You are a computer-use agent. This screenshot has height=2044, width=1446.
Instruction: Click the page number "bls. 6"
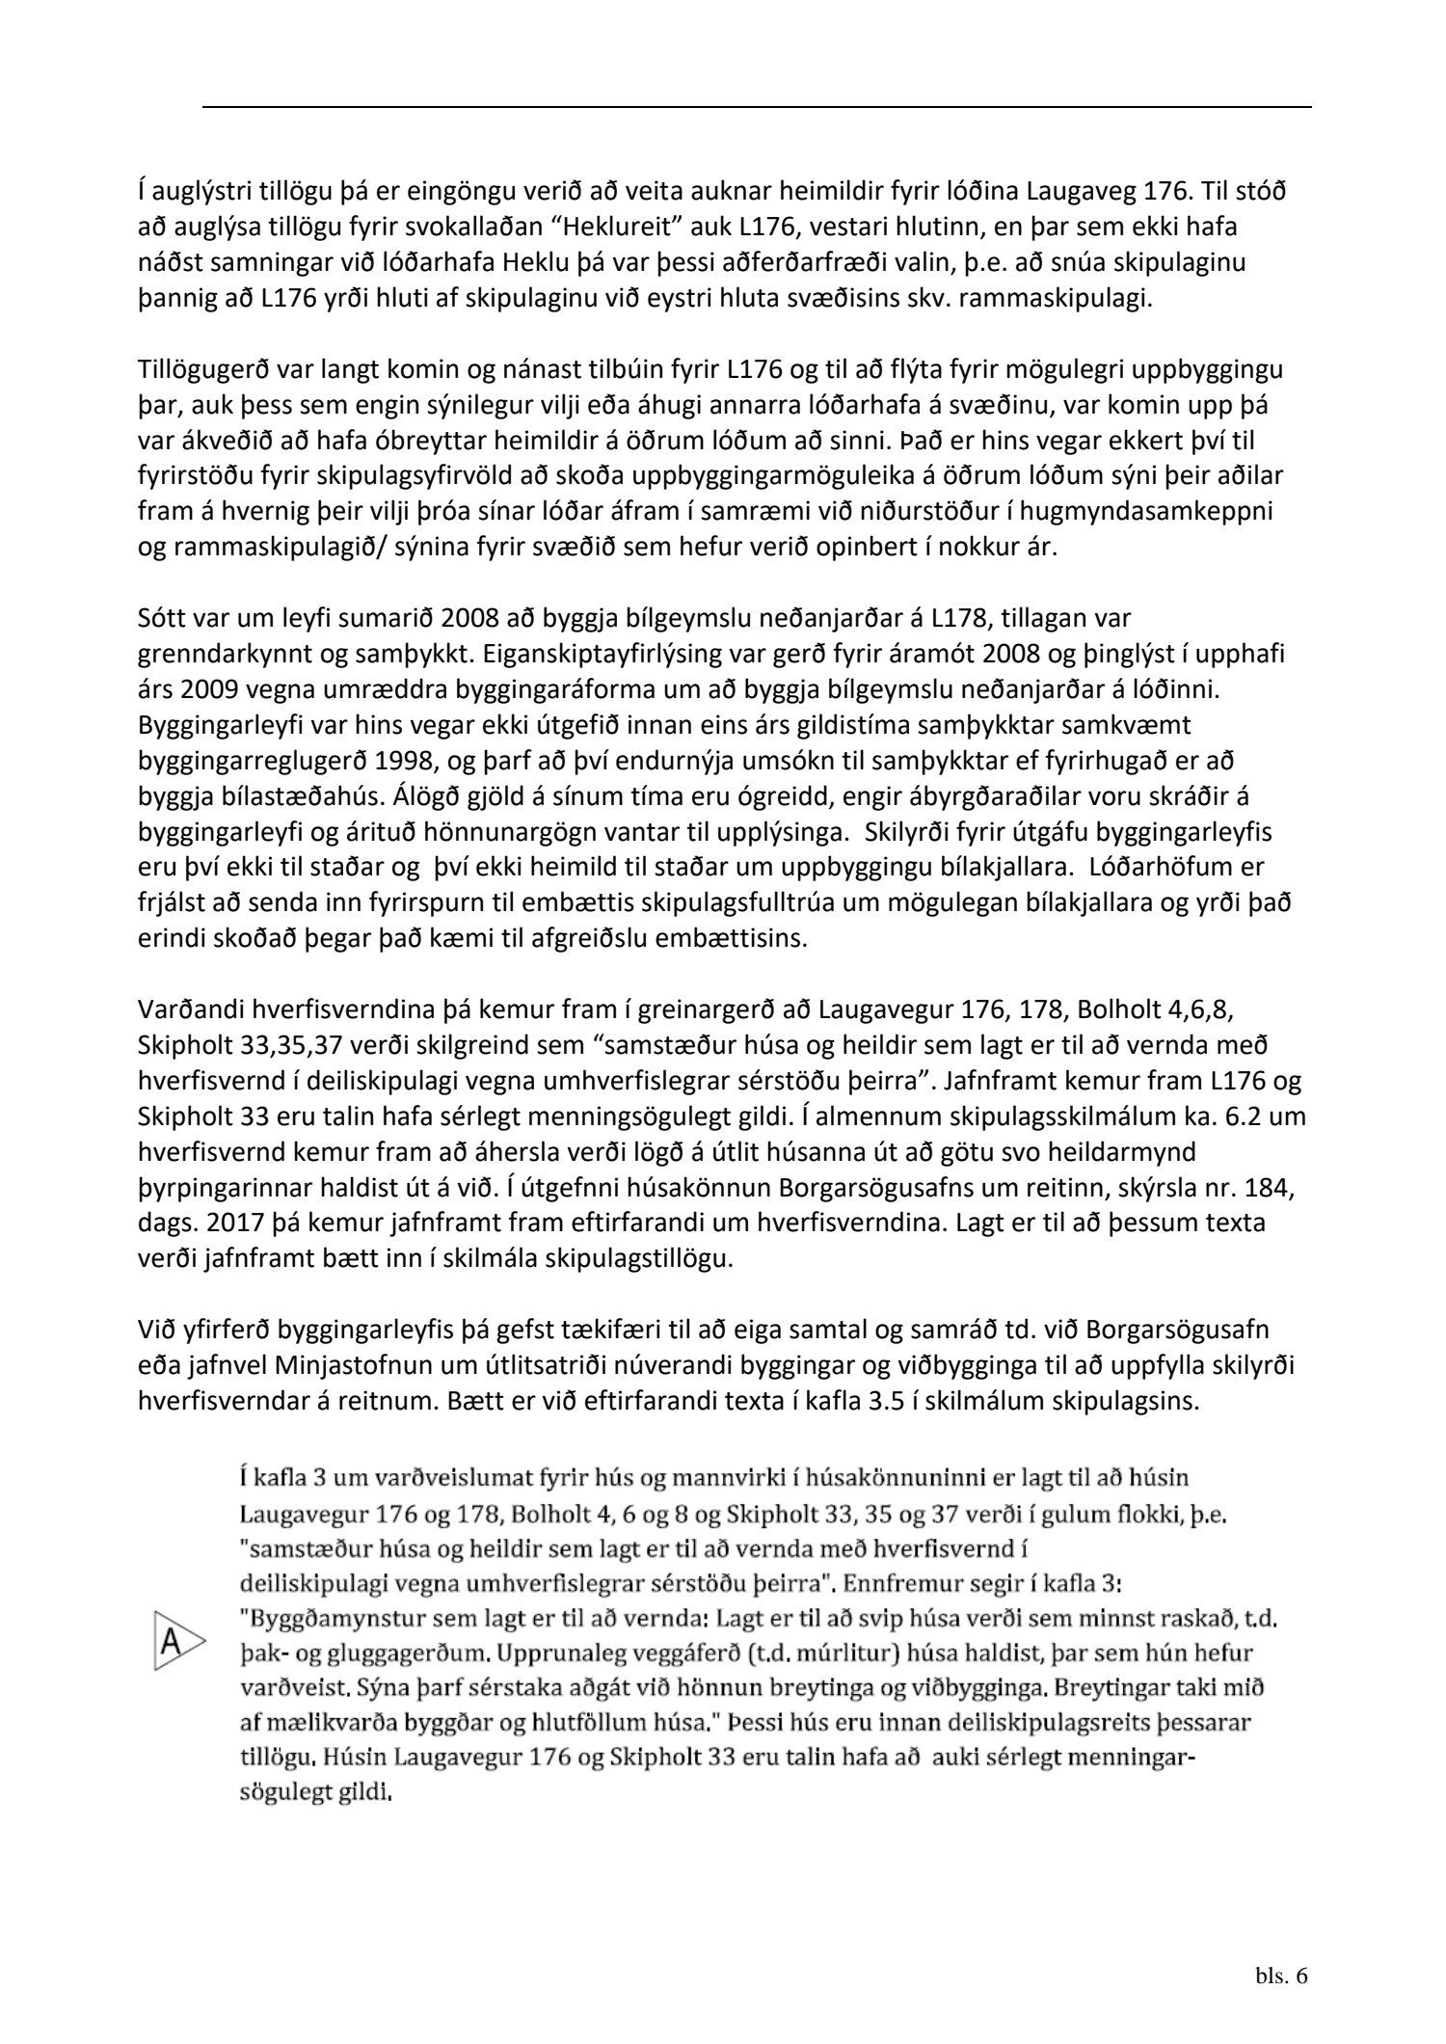[1281, 1976]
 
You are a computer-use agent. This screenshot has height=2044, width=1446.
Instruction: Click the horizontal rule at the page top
[757, 107]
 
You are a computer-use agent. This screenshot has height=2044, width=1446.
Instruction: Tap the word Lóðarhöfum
[1163, 868]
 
